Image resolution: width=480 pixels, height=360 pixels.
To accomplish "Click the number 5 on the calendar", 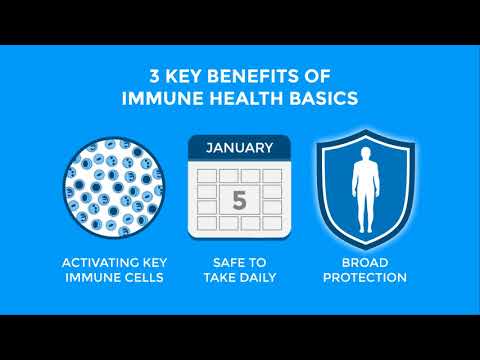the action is [x=239, y=200].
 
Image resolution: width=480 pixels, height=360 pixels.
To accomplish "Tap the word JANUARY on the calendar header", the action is [x=240, y=148].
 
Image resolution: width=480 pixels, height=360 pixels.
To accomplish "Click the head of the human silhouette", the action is [x=366, y=155].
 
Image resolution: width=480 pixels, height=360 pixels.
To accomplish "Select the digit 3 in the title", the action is [x=155, y=76].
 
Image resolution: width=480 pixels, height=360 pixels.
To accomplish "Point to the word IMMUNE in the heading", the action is [x=162, y=98].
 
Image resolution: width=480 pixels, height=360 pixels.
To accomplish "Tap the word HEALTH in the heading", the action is [x=246, y=98].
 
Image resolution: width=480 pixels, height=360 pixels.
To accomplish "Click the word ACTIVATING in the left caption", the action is [x=100, y=263].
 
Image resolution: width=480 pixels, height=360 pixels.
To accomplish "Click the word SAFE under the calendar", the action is [x=226, y=263].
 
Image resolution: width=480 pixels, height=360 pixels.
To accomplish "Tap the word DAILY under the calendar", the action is [x=258, y=277].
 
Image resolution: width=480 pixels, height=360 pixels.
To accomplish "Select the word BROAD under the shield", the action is [x=365, y=263].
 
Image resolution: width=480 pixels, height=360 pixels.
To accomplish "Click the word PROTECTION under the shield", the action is [x=365, y=277].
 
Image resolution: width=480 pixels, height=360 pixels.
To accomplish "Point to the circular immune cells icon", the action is [x=113, y=187].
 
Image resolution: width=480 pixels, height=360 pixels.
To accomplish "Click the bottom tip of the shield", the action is [x=366, y=249].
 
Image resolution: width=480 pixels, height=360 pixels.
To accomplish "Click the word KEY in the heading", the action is [x=184, y=76].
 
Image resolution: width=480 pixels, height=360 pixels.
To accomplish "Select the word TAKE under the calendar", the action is [x=220, y=277].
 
